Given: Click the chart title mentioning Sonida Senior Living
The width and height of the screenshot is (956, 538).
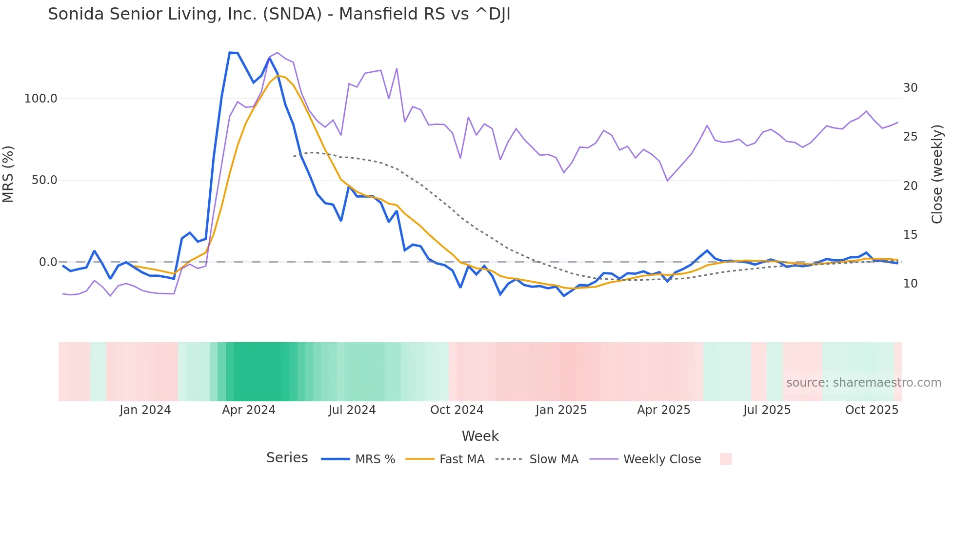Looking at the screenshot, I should (279, 14).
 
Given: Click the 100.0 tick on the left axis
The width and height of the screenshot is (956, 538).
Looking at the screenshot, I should (41, 99).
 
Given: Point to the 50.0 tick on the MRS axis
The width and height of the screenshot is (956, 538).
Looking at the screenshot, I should (44, 180).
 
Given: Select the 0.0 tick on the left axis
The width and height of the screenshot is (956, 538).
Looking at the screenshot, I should (48, 262).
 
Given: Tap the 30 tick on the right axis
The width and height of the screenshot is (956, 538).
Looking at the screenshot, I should (910, 88).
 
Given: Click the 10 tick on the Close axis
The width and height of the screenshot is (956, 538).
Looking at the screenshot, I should (910, 284).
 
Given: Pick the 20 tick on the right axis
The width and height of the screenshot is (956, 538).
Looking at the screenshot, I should (910, 186).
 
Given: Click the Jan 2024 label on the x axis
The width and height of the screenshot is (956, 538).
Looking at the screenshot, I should (145, 410).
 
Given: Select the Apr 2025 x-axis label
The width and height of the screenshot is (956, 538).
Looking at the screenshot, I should (663, 410).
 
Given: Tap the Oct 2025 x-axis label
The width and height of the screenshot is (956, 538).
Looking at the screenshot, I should (872, 410).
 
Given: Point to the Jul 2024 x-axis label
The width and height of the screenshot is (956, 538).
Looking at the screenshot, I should (352, 410).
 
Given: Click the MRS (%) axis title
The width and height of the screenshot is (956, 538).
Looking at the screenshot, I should (8, 174).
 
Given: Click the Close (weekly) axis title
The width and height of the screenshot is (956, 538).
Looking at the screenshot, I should (937, 174).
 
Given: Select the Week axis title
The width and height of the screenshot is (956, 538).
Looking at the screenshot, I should (480, 436).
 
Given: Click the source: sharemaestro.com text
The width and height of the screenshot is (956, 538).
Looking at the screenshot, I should (863, 383).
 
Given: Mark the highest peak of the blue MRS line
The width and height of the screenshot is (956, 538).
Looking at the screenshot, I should (230, 53).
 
